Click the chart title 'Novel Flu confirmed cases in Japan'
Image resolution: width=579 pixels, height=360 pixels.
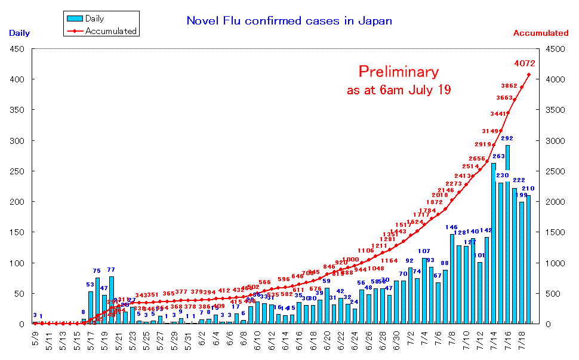[x=289, y=21]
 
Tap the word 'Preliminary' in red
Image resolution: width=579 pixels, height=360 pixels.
[x=398, y=72]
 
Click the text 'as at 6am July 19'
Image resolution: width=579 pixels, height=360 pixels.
[x=398, y=91]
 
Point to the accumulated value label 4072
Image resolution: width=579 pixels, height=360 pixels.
[x=524, y=63]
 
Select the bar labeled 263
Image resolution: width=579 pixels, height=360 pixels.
[x=494, y=245]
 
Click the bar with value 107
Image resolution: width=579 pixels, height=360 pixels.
[x=424, y=293]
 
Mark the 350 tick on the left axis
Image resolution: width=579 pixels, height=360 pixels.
[x=16, y=110]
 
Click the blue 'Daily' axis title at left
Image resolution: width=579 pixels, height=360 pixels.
[x=19, y=33]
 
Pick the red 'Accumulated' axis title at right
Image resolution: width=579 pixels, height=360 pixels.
[x=541, y=33]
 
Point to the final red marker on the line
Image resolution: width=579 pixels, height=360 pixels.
[x=528, y=75]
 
